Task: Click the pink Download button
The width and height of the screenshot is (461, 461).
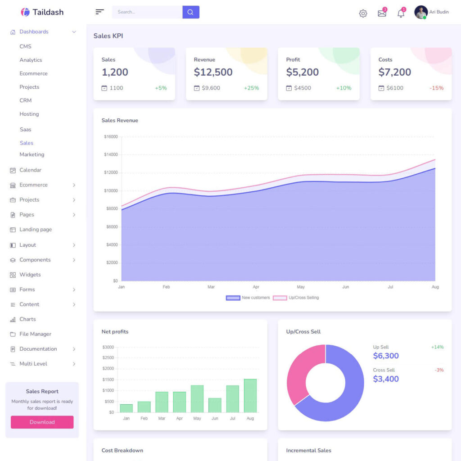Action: point(42,422)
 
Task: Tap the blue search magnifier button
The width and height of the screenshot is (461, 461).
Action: point(190,12)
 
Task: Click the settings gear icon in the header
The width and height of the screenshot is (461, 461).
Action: point(363,14)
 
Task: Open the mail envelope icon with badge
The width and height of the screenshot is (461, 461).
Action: point(382,14)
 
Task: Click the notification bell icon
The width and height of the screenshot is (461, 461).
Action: point(401,14)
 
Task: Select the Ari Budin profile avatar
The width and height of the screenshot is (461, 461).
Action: point(421,12)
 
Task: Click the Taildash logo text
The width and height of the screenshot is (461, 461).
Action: point(48,12)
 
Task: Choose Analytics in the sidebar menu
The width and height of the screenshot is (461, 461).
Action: point(31,60)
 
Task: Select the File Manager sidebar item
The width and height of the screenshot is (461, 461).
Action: point(35,334)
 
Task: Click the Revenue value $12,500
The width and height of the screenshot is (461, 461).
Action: point(213,72)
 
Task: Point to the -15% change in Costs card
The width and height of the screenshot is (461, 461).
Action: point(436,88)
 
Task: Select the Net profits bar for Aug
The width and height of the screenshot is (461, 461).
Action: point(250,396)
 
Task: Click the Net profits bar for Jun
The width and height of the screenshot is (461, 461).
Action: point(215,405)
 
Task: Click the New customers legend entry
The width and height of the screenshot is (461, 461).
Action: point(248,298)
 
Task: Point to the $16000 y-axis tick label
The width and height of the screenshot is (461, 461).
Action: point(110,136)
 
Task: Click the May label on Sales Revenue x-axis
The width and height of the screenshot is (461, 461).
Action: point(301,287)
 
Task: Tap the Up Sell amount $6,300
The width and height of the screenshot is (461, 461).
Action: point(386,356)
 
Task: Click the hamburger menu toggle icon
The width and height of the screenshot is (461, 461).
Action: point(99,12)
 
